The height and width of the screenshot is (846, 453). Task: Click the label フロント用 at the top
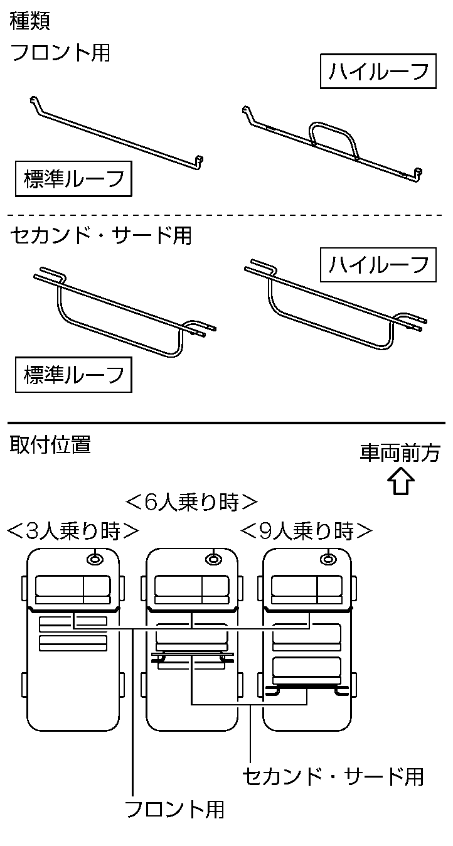click(x=60, y=53)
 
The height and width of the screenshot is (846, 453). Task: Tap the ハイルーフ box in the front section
click(x=378, y=72)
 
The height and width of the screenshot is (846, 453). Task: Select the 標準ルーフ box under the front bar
click(x=73, y=179)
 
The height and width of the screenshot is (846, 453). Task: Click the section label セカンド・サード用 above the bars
click(x=101, y=235)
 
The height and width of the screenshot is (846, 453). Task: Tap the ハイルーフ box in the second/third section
click(x=378, y=265)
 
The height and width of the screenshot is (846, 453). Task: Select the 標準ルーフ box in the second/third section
click(x=73, y=375)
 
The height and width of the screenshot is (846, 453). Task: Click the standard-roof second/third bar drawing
click(x=122, y=314)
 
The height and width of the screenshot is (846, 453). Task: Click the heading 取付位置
click(x=50, y=445)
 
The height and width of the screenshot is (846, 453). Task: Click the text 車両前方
click(x=400, y=453)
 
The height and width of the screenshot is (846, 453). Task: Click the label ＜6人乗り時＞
click(x=191, y=503)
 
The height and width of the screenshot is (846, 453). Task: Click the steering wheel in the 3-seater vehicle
click(x=95, y=558)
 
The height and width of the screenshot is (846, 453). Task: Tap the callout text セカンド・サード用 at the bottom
click(x=333, y=776)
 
